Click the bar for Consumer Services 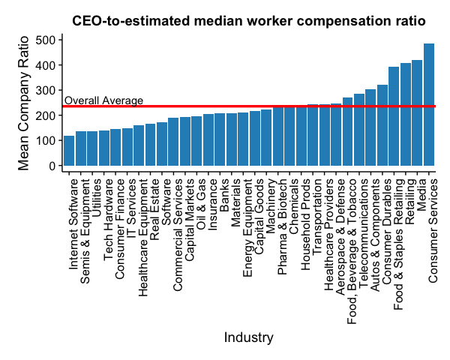pyautogui.click(x=429, y=105)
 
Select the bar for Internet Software pyautogui.click(x=69, y=150)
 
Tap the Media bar pyautogui.click(x=417, y=112)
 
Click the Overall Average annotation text pyautogui.click(x=103, y=100)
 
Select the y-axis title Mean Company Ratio pyautogui.click(x=24, y=103)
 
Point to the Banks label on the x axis pyautogui.click(x=225, y=191)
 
